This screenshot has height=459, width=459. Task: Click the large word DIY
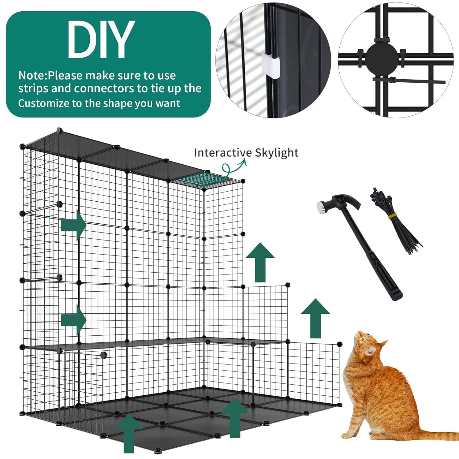tap(101, 40)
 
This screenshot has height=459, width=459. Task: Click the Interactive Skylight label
tap(246, 152)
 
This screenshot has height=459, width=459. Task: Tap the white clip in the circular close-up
tap(271, 64)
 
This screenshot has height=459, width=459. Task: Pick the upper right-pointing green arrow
tap(73, 226)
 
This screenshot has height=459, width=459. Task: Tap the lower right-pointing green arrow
tap(73, 320)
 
